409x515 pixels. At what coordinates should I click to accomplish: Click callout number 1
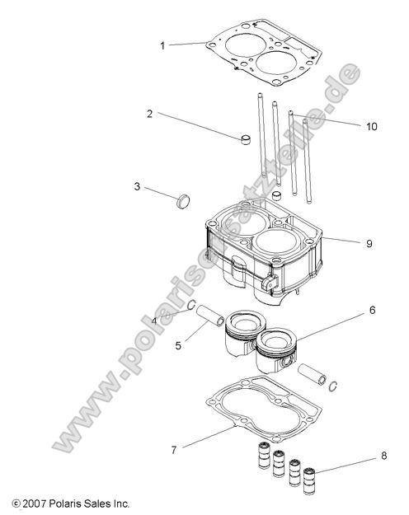pos(162,44)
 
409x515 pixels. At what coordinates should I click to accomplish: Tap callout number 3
pos(137,187)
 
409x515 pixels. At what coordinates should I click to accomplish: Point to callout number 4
pos(154,321)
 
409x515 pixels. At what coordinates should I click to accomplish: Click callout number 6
pos(372,311)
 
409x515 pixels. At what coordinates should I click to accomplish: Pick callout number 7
pos(173,450)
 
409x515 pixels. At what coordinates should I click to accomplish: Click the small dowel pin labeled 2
pos(244,138)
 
